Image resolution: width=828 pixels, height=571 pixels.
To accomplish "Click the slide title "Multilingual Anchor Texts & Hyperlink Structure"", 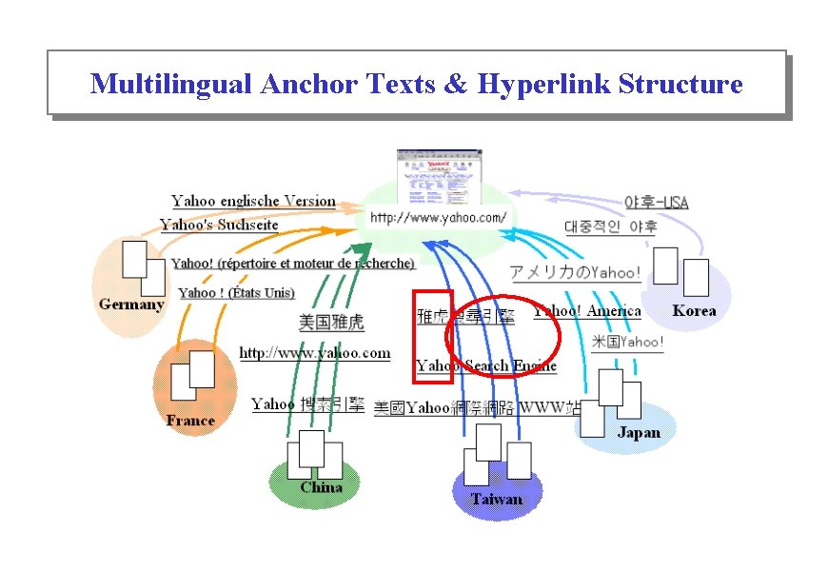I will (416, 84).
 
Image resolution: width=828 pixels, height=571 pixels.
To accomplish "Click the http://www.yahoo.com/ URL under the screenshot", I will (438, 218).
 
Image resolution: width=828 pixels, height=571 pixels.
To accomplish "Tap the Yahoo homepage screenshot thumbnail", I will (438, 176).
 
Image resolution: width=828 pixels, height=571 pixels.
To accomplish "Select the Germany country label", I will (131, 305).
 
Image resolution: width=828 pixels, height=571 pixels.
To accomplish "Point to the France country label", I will (190, 420).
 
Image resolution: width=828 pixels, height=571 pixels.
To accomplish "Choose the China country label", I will (321, 487).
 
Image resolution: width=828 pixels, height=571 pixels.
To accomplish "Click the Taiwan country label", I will (496, 499).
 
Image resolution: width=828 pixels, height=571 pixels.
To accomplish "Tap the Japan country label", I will (638, 432).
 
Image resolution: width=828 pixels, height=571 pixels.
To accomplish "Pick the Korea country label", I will (694, 310).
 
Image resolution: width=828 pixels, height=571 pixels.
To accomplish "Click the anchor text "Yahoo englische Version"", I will (253, 201).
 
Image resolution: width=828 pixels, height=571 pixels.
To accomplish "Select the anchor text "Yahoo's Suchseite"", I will (219, 225).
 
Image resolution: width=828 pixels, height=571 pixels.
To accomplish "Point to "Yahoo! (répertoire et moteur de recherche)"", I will (293, 263).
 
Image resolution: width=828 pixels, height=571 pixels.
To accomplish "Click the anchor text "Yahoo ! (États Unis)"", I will (236, 292).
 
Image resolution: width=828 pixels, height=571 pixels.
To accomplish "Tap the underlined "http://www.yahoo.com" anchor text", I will (314, 353).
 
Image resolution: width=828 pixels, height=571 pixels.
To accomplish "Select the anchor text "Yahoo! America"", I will (588, 311).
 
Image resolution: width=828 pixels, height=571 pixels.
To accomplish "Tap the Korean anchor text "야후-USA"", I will (656, 202).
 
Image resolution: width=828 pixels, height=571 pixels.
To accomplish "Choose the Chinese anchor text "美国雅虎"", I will (331, 322).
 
